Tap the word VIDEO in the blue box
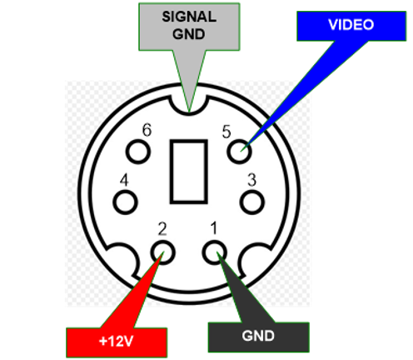[351, 25]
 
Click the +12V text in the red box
[117, 341]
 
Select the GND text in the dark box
[258, 336]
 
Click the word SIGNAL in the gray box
[189, 17]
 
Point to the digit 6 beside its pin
[147, 130]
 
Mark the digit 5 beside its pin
[226, 132]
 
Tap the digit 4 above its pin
[124, 180]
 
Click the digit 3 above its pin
[251, 180]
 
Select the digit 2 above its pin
[162, 229]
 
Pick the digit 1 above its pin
[213, 228]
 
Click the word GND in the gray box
[189, 34]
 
